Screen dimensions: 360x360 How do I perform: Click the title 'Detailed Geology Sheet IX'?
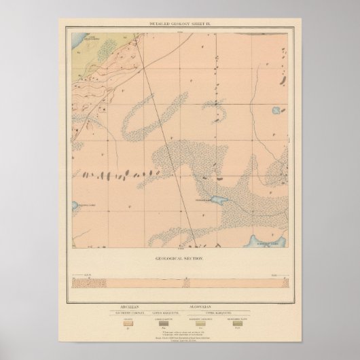tap(180, 24)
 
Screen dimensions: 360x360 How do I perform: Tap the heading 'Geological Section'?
tap(179, 259)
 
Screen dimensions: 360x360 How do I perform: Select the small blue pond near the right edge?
tap(275, 109)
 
